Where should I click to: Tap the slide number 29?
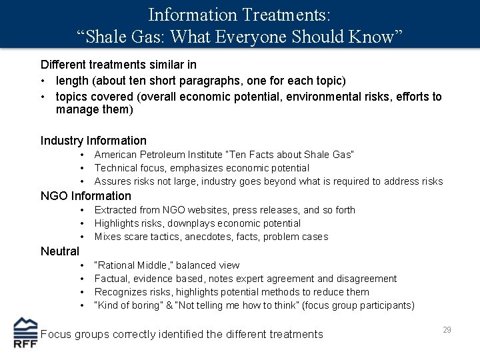tap(446, 330)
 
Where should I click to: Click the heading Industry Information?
tap(93, 141)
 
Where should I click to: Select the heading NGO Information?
tap(86, 196)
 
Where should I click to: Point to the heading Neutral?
tap(60, 251)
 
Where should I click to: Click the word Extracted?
tap(116, 210)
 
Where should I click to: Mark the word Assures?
tap(113, 181)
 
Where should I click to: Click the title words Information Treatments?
tap(239, 14)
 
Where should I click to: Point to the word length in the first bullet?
tap(71, 81)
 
